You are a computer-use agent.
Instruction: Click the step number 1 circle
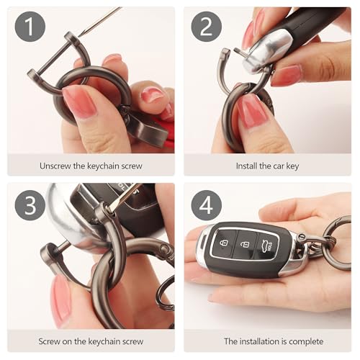[x=30, y=27]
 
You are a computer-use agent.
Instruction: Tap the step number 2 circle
[x=207, y=27]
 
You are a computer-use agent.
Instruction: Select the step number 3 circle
[x=30, y=205]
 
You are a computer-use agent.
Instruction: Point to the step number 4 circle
[x=207, y=205]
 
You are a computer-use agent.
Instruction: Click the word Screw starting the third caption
[x=49, y=341]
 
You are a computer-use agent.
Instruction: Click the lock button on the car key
[x=224, y=243]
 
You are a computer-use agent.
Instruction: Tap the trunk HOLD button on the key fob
[x=268, y=246]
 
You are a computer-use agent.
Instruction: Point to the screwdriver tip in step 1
[x=80, y=35]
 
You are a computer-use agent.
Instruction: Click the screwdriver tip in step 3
[x=109, y=210]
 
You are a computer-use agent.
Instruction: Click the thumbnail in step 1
[x=78, y=101]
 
